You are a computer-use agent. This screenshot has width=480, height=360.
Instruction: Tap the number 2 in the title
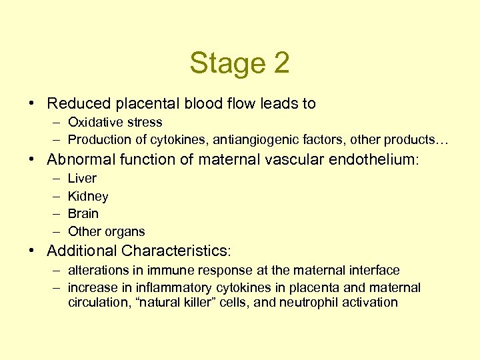click(281, 64)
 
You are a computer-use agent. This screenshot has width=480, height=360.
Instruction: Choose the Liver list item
click(82, 179)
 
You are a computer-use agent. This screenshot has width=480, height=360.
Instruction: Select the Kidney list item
click(88, 197)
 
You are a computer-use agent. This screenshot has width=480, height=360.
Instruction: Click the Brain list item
click(83, 214)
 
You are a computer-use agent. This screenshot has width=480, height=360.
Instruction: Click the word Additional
click(82, 251)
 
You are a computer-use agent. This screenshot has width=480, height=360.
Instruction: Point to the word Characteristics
click(175, 251)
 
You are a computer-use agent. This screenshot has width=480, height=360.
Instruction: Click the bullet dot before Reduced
click(33, 104)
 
